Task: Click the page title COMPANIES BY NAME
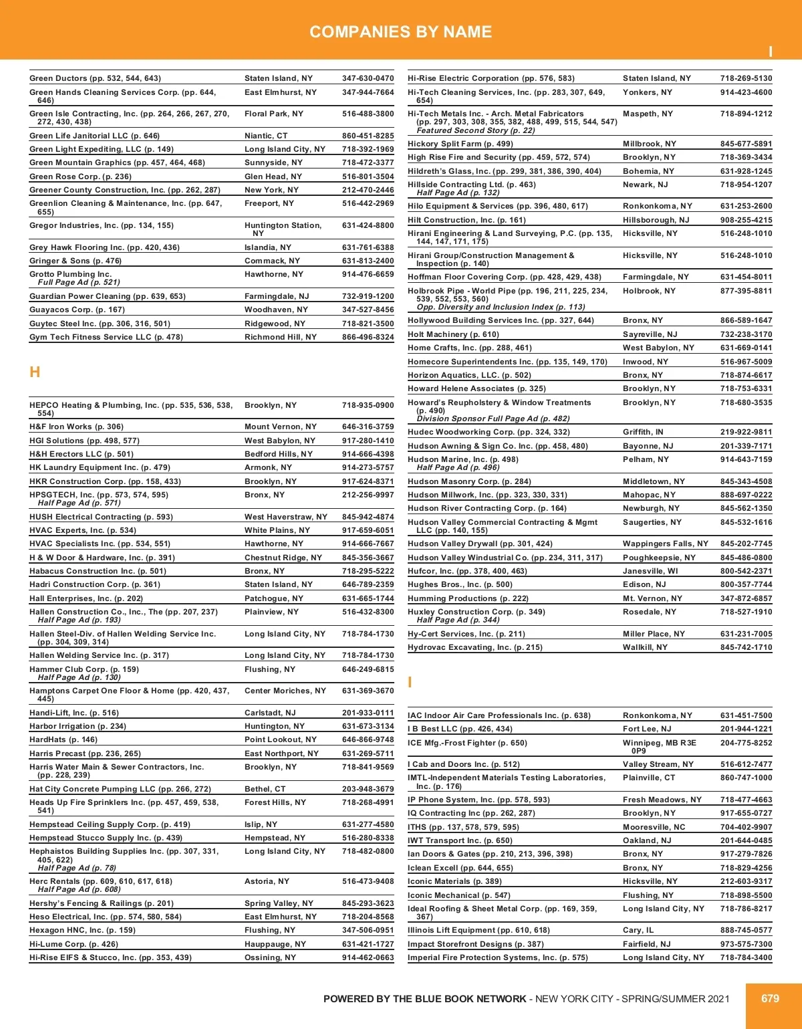(x=400, y=31)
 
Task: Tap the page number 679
(x=770, y=998)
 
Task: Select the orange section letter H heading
(x=35, y=372)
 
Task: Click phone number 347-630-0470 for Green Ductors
(x=368, y=78)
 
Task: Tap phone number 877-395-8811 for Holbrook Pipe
(x=746, y=291)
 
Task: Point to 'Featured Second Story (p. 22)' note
(x=475, y=130)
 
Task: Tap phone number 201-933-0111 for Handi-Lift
(x=368, y=713)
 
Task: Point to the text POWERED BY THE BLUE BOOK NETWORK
(x=424, y=999)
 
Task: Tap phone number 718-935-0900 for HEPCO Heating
(x=368, y=405)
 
